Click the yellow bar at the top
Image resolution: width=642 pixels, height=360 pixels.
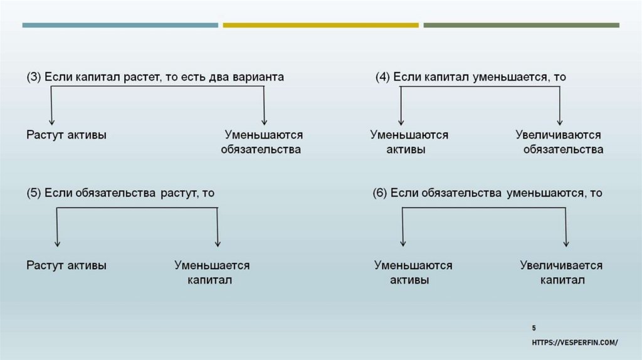(x=320, y=25)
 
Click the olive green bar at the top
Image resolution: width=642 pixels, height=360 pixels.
(x=521, y=25)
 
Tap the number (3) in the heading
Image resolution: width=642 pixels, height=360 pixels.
(x=34, y=77)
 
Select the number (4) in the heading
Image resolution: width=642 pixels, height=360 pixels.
(x=382, y=77)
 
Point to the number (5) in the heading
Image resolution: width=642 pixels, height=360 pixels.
(x=34, y=193)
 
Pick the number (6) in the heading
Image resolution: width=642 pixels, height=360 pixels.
(x=380, y=193)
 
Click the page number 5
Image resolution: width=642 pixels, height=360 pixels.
(x=534, y=328)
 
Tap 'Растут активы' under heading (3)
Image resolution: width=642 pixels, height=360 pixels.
(x=66, y=135)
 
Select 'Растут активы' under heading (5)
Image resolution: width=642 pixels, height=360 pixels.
(x=66, y=265)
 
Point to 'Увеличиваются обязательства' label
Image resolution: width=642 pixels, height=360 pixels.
(x=560, y=142)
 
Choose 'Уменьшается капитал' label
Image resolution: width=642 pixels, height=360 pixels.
(x=212, y=273)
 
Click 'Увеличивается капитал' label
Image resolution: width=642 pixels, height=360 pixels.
(x=562, y=273)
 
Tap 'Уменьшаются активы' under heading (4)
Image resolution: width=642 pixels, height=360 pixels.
(x=409, y=142)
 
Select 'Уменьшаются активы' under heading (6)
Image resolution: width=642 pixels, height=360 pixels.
(x=413, y=273)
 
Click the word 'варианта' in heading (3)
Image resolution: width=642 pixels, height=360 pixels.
(x=258, y=77)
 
